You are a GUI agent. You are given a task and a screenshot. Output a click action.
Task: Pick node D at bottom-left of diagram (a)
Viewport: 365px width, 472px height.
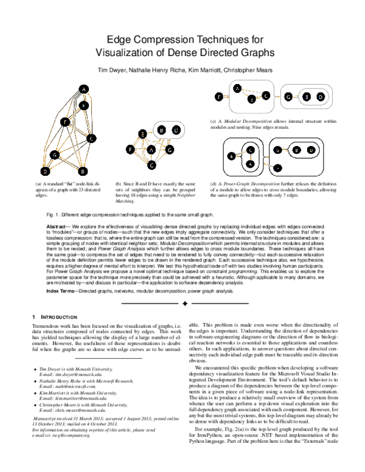[44, 171]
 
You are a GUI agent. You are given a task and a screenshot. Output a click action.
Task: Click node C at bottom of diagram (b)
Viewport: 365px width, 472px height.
[154, 164]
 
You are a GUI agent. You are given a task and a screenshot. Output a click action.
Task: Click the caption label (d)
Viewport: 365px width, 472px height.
[213, 182]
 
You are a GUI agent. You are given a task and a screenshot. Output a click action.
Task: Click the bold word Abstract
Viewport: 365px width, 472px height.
[57, 226]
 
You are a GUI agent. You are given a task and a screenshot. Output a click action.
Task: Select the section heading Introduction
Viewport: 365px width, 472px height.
[59, 318]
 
